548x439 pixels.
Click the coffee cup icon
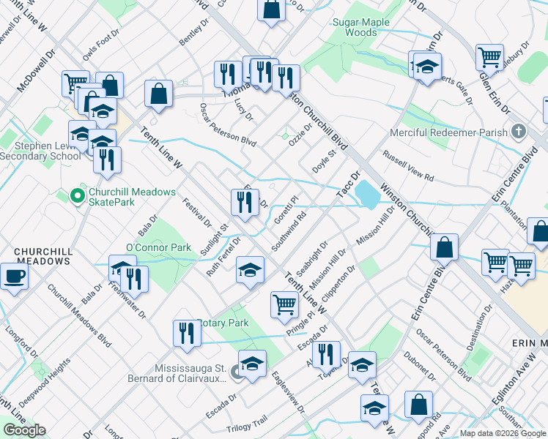(x=15, y=277)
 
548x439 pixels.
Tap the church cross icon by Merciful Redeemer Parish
(x=519, y=132)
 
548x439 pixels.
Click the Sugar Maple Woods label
(x=361, y=27)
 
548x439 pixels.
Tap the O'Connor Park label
(x=158, y=247)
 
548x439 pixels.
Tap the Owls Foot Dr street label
(x=100, y=45)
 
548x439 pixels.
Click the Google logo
(x=24, y=430)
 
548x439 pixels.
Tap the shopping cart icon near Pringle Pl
(x=284, y=303)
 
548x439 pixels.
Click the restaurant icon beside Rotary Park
(x=187, y=333)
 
